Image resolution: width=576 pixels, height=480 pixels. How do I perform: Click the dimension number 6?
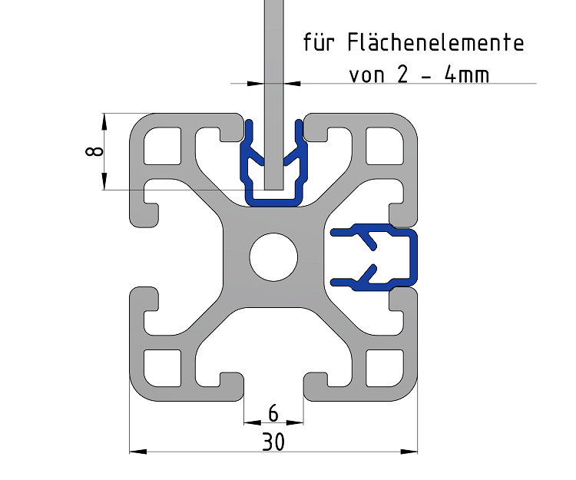pos(273,413)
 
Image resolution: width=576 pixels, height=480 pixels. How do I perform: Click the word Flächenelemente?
pos(436,41)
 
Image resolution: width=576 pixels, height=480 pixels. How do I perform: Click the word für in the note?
pos(322,41)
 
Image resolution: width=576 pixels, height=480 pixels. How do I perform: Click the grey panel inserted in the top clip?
pos(273,92)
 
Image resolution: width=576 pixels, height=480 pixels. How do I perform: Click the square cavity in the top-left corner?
pos(163,146)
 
